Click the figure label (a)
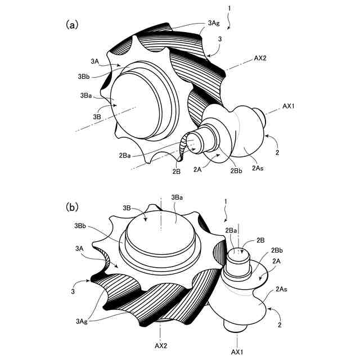[x=72, y=24]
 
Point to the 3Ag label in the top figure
[x=213, y=23]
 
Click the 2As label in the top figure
[x=259, y=167]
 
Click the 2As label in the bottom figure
[x=282, y=290]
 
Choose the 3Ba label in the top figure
[x=87, y=96]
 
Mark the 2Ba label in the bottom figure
[x=231, y=231]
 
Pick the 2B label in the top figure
[x=176, y=171]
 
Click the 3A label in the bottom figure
[x=78, y=247]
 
